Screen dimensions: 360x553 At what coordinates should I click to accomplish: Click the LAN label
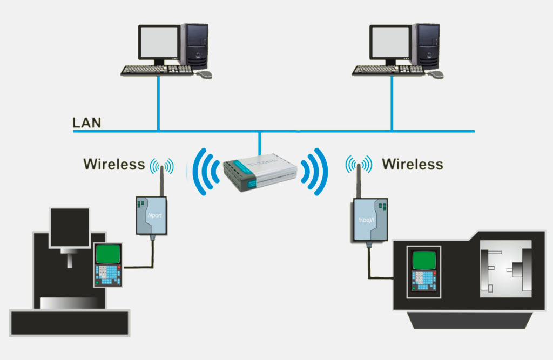tap(86, 123)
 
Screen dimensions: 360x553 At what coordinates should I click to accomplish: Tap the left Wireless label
tap(114, 164)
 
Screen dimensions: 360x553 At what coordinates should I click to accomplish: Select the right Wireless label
tap(413, 164)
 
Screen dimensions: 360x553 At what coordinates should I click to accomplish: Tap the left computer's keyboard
tap(157, 70)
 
